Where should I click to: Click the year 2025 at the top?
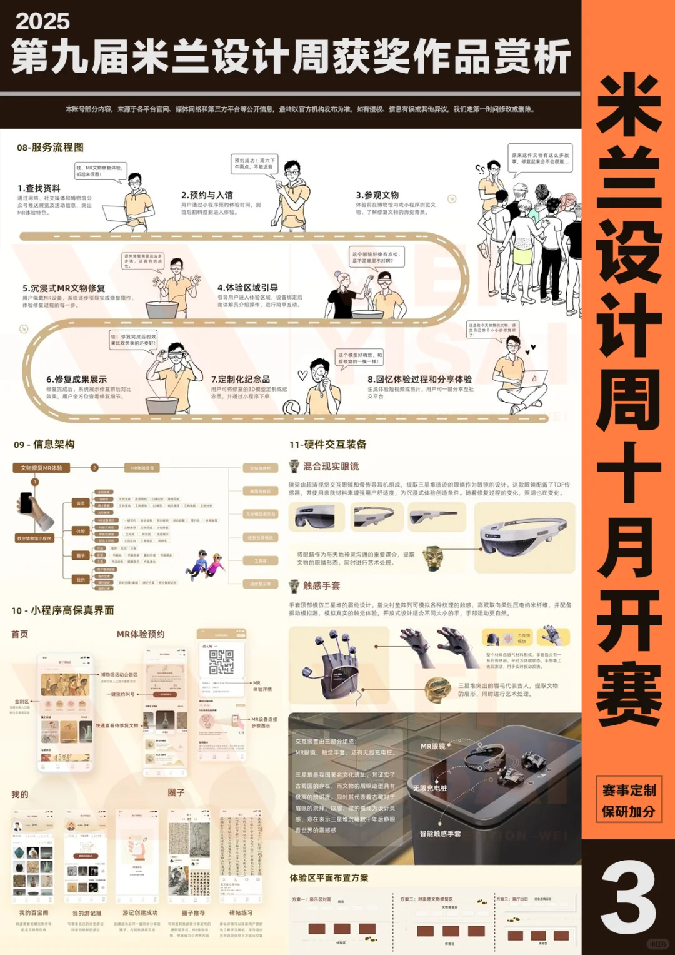click(x=42, y=21)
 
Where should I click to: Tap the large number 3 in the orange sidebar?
click(x=627, y=896)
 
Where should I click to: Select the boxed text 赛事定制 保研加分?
click(x=628, y=801)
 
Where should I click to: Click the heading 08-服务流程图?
click(x=50, y=148)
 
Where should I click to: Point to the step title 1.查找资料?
click(x=39, y=188)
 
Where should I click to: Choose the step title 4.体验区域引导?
click(x=247, y=288)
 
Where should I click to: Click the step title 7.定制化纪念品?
click(x=241, y=380)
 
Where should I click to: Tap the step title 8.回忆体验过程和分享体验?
click(x=419, y=380)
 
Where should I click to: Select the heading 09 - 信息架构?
click(x=44, y=445)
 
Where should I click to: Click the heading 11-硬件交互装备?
click(x=327, y=445)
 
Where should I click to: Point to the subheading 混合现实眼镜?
click(x=331, y=466)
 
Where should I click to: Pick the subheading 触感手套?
click(x=321, y=586)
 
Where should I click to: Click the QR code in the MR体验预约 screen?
click(x=221, y=662)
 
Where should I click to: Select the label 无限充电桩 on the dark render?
click(x=430, y=788)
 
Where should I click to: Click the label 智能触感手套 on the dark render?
click(x=440, y=834)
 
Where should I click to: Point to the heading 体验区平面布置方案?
click(x=329, y=878)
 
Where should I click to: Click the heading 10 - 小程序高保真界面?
click(x=62, y=610)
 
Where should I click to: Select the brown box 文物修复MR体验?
click(x=41, y=468)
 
